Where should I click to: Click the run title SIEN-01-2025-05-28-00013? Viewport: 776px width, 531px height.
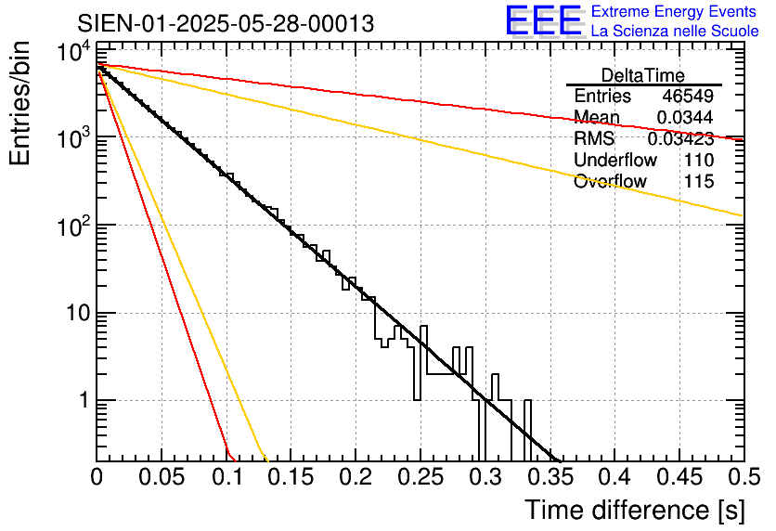(x=226, y=23)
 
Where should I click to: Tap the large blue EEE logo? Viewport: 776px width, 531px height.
(x=543, y=20)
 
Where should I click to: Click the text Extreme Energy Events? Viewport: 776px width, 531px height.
(x=675, y=12)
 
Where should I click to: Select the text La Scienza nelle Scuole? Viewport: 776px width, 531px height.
(x=675, y=32)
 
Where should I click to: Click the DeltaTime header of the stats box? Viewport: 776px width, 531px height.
(x=642, y=75)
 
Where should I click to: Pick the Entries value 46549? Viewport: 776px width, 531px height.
(x=687, y=97)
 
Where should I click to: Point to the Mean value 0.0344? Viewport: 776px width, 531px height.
(x=684, y=118)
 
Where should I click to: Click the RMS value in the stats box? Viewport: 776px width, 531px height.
(x=679, y=139)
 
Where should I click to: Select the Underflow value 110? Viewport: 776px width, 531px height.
(x=698, y=161)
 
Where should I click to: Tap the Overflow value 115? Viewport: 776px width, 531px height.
(x=698, y=182)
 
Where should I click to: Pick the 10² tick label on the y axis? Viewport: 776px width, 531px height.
(x=71, y=224)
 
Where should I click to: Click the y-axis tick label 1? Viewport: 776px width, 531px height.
(x=81, y=401)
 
